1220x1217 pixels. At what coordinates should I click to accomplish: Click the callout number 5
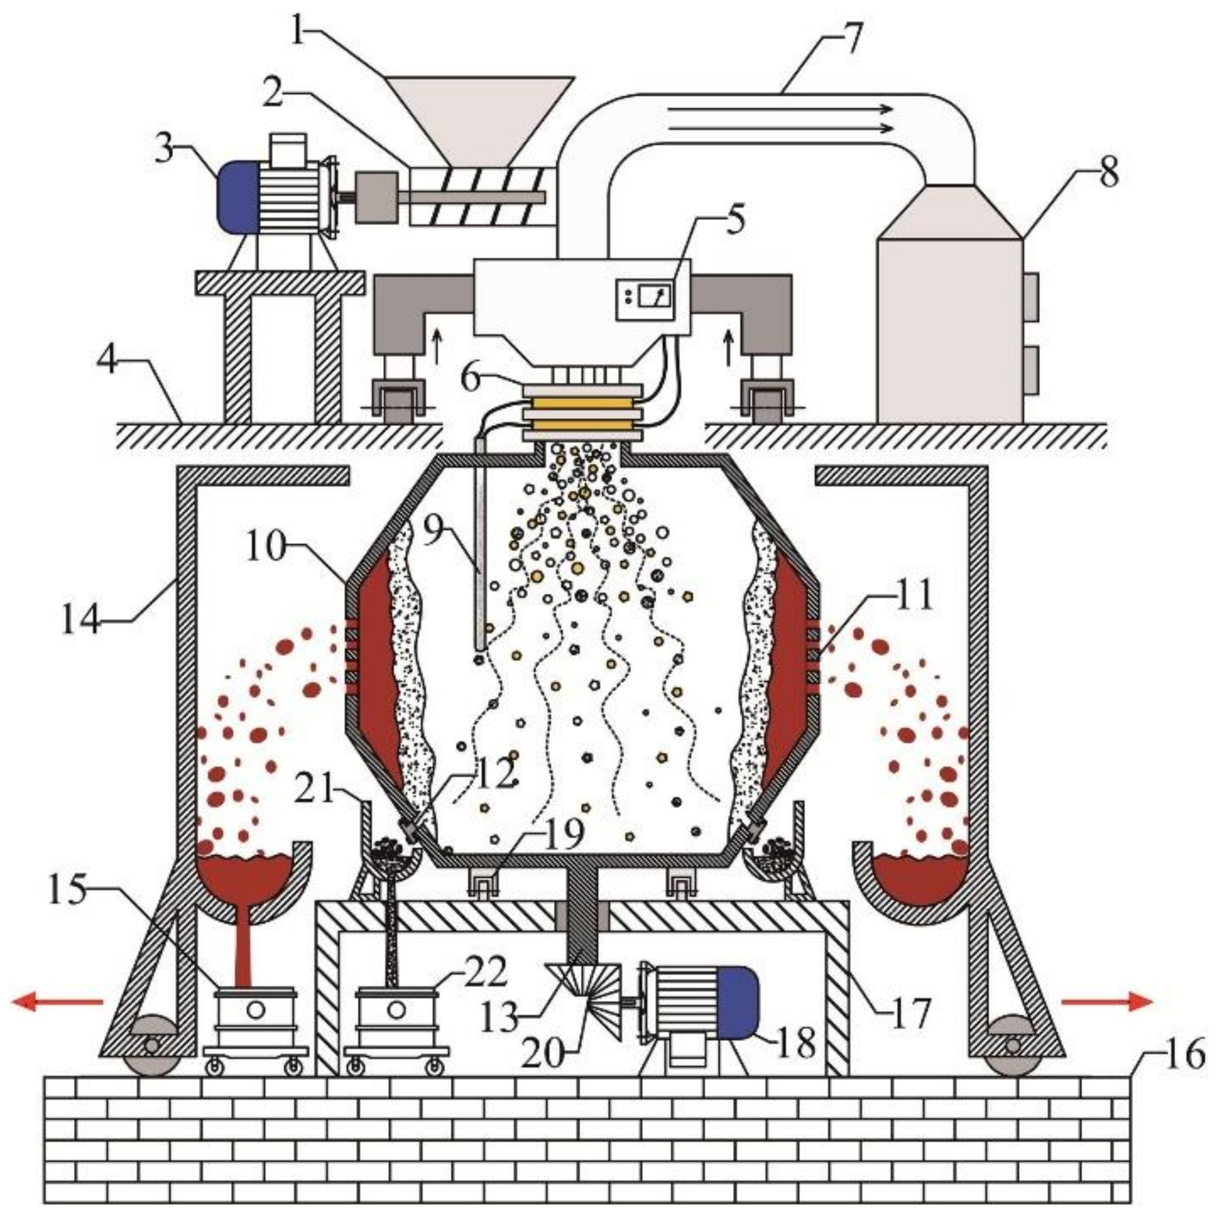[734, 219]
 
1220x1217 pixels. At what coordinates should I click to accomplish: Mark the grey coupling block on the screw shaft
[376, 198]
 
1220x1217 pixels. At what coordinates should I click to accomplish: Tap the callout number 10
[265, 546]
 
